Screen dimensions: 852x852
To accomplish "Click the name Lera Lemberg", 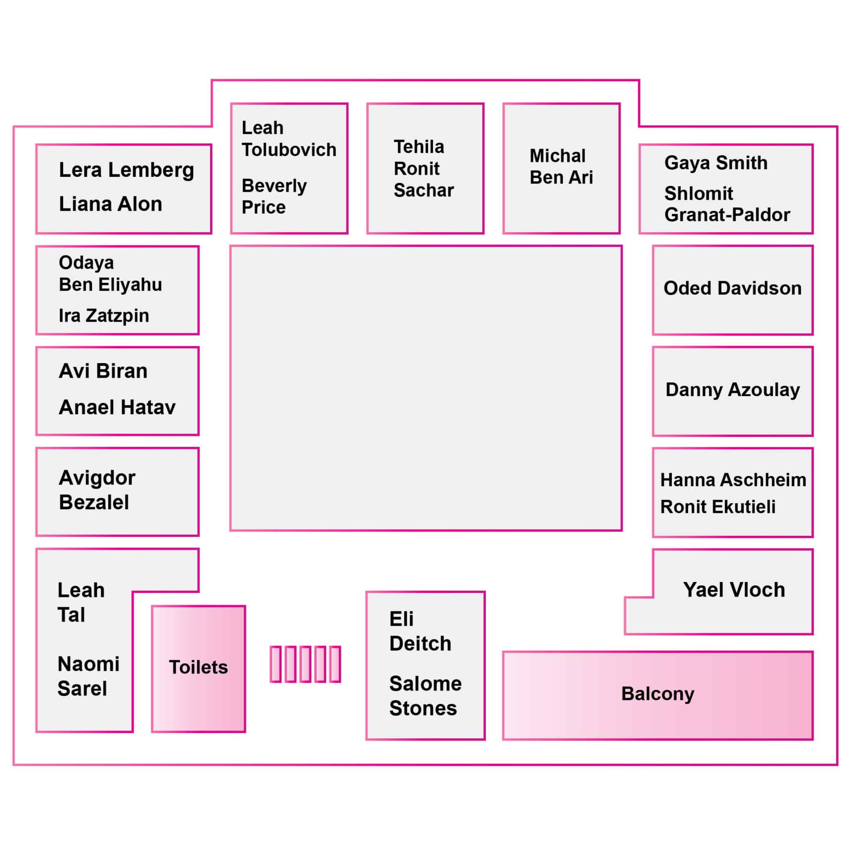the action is click(x=126, y=170).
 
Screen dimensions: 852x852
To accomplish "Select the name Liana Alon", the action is click(x=111, y=204).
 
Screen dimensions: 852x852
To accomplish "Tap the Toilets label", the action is click(x=198, y=667).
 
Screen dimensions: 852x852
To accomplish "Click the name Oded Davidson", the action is click(x=733, y=288).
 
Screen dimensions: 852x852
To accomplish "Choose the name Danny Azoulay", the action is click(x=733, y=390).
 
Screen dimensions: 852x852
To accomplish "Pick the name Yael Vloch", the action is click(x=734, y=589).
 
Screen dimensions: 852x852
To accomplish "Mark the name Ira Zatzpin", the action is click(x=104, y=315).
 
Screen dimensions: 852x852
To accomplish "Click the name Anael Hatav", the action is click(x=117, y=407).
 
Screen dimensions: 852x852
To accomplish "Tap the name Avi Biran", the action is click(x=103, y=371).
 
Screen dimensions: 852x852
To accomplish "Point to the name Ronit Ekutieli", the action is click(x=718, y=507).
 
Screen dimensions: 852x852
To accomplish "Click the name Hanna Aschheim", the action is click(x=733, y=480).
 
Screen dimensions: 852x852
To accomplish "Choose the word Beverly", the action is click(x=274, y=186).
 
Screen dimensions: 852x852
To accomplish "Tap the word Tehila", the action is click(x=419, y=147).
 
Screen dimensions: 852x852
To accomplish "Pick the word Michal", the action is click(x=557, y=156).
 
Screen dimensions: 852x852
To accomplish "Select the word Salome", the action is click(x=426, y=684).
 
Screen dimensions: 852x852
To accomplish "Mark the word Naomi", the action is click(x=89, y=664).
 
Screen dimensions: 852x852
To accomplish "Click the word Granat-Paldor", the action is click(x=727, y=215).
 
